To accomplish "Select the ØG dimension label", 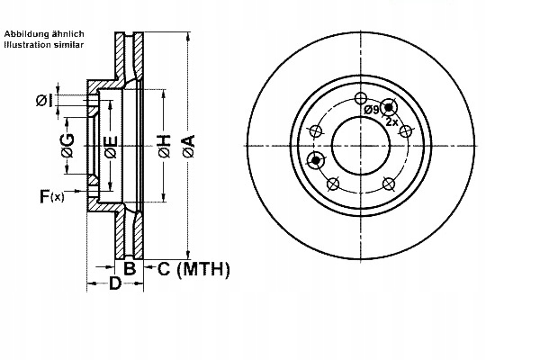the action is (x=67, y=148).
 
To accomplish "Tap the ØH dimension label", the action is (x=164, y=146).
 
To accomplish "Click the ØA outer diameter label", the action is (x=188, y=146).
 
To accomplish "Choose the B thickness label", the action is (x=130, y=268).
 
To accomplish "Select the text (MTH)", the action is (x=203, y=268).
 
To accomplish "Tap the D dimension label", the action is (x=114, y=284).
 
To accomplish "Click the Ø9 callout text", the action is (x=372, y=110).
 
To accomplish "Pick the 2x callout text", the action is (x=391, y=121).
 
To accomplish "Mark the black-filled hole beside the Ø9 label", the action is (x=389, y=107).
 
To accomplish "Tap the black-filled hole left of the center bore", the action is (x=316, y=160).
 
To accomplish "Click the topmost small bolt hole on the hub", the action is (x=361, y=98).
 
